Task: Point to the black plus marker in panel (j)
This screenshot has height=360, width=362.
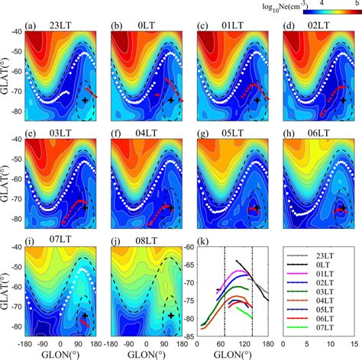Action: [171, 314]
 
